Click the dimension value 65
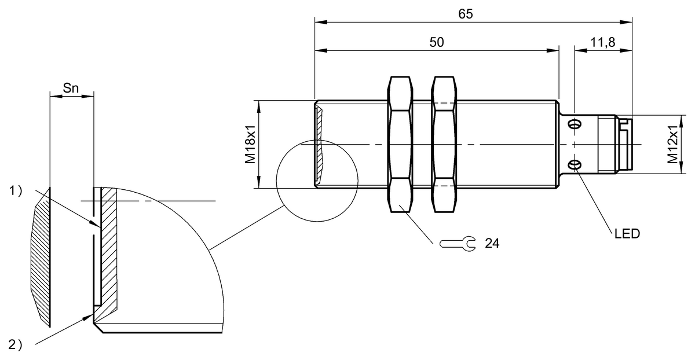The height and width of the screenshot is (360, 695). pyautogui.click(x=465, y=14)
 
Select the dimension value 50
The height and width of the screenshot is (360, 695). pyautogui.click(x=437, y=42)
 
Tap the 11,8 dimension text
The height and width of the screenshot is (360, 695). pyautogui.click(x=602, y=42)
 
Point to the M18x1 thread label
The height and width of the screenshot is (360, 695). pyautogui.click(x=250, y=145)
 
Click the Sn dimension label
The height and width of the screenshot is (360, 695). pyautogui.click(x=71, y=89)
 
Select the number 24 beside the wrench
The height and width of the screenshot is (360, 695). pyautogui.click(x=492, y=244)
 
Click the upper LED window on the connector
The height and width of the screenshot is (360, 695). pyautogui.click(x=575, y=124)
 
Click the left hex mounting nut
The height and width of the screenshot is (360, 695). pyautogui.click(x=400, y=145)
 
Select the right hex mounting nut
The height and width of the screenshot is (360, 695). pyautogui.click(x=443, y=145)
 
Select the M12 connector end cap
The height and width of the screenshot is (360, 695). pyautogui.click(x=624, y=145)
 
